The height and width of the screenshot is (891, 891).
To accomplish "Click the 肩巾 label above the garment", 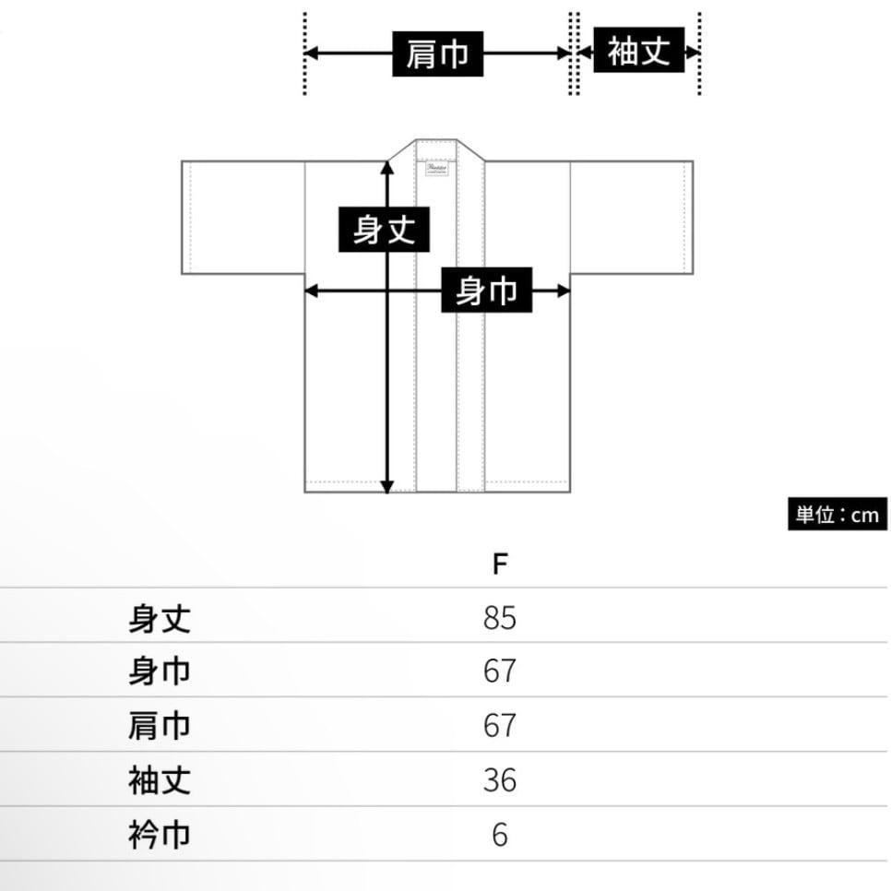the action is [x=438, y=53].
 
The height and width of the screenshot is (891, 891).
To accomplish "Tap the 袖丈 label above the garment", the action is [x=638, y=51].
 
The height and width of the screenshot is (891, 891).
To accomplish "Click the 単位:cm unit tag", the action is [x=838, y=514].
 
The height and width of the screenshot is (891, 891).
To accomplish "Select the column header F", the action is [x=499, y=564].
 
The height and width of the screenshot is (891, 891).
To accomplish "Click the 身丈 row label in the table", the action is [x=160, y=617].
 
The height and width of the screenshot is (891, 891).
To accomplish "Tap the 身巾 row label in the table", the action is [x=160, y=671].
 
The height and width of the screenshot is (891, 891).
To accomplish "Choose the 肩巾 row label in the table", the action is [x=160, y=726].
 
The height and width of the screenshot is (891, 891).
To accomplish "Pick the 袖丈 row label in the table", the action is [x=160, y=780].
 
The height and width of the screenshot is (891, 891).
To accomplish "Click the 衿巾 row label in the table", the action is [x=160, y=836].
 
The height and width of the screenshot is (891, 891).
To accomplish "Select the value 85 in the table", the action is [x=499, y=617].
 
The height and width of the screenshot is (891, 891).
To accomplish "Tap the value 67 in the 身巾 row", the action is [x=499, y=671].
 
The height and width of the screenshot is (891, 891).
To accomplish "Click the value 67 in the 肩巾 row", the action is [x=499, y=726].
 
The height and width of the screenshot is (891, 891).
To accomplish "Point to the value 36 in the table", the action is [x=499, y=780].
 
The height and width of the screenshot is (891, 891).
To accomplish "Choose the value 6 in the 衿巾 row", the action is [x=499, y=836].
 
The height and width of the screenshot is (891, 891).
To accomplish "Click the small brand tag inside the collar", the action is [x=436, y=169].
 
